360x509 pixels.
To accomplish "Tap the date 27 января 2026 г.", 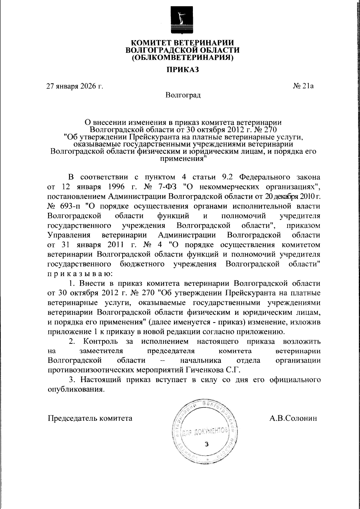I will tap(74, 87).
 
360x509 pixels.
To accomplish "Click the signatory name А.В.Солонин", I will tap(293, 418).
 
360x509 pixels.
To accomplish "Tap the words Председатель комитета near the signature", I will tap(90, 418).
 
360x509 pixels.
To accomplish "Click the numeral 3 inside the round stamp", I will tap(206, 444).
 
